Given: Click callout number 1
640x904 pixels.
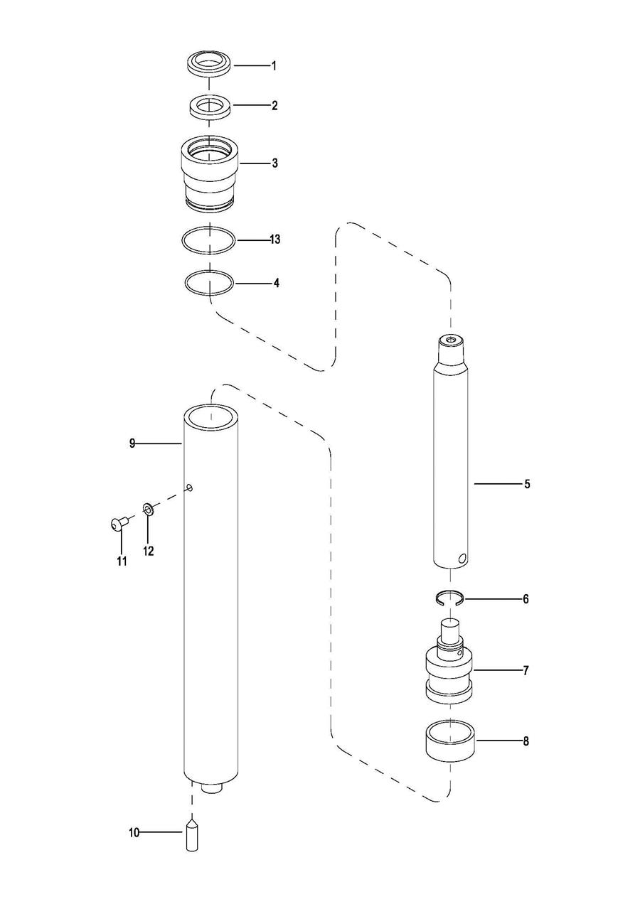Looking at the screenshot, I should click(x=274, y=66).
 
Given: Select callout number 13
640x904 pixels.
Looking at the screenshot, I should click(x=274, y=240).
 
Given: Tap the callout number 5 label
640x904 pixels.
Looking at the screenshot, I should click(x=527, y=485).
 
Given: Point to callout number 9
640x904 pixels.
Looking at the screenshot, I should click(x=132, y=443).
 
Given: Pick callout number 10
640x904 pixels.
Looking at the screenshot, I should click(x=134, y=832).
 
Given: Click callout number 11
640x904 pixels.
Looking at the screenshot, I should click(x=122, y=561).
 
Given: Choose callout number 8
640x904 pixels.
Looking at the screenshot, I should click(x=526, y=741).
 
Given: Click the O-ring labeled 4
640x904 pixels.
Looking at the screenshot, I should click(x=209, y=282).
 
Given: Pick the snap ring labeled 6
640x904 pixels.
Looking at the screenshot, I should click(x=449, y=598).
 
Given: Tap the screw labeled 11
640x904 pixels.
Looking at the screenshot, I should click(x=119, y=524).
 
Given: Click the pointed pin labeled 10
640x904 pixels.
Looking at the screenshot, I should click(x=193, y=836).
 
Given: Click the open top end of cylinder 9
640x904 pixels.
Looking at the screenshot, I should click(x=210, y=415).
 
